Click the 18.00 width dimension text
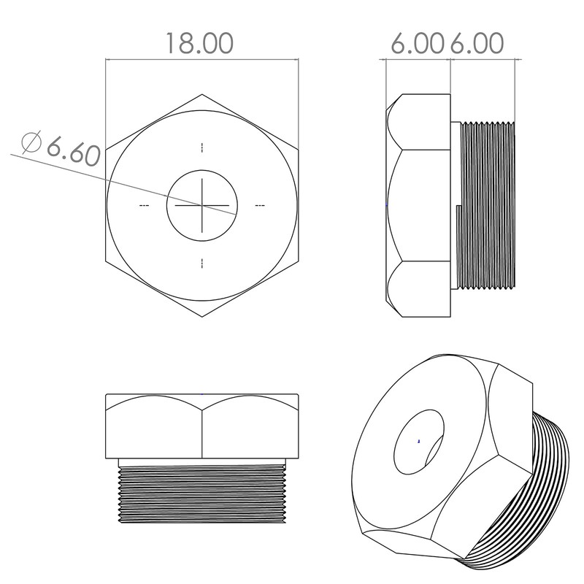199,43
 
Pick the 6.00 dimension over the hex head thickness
417,43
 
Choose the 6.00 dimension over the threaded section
476,43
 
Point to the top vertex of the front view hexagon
202,94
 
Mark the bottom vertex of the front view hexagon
202,316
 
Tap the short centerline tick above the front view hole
202,147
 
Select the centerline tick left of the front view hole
144,206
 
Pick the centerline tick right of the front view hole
260,206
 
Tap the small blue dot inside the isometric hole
418,441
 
